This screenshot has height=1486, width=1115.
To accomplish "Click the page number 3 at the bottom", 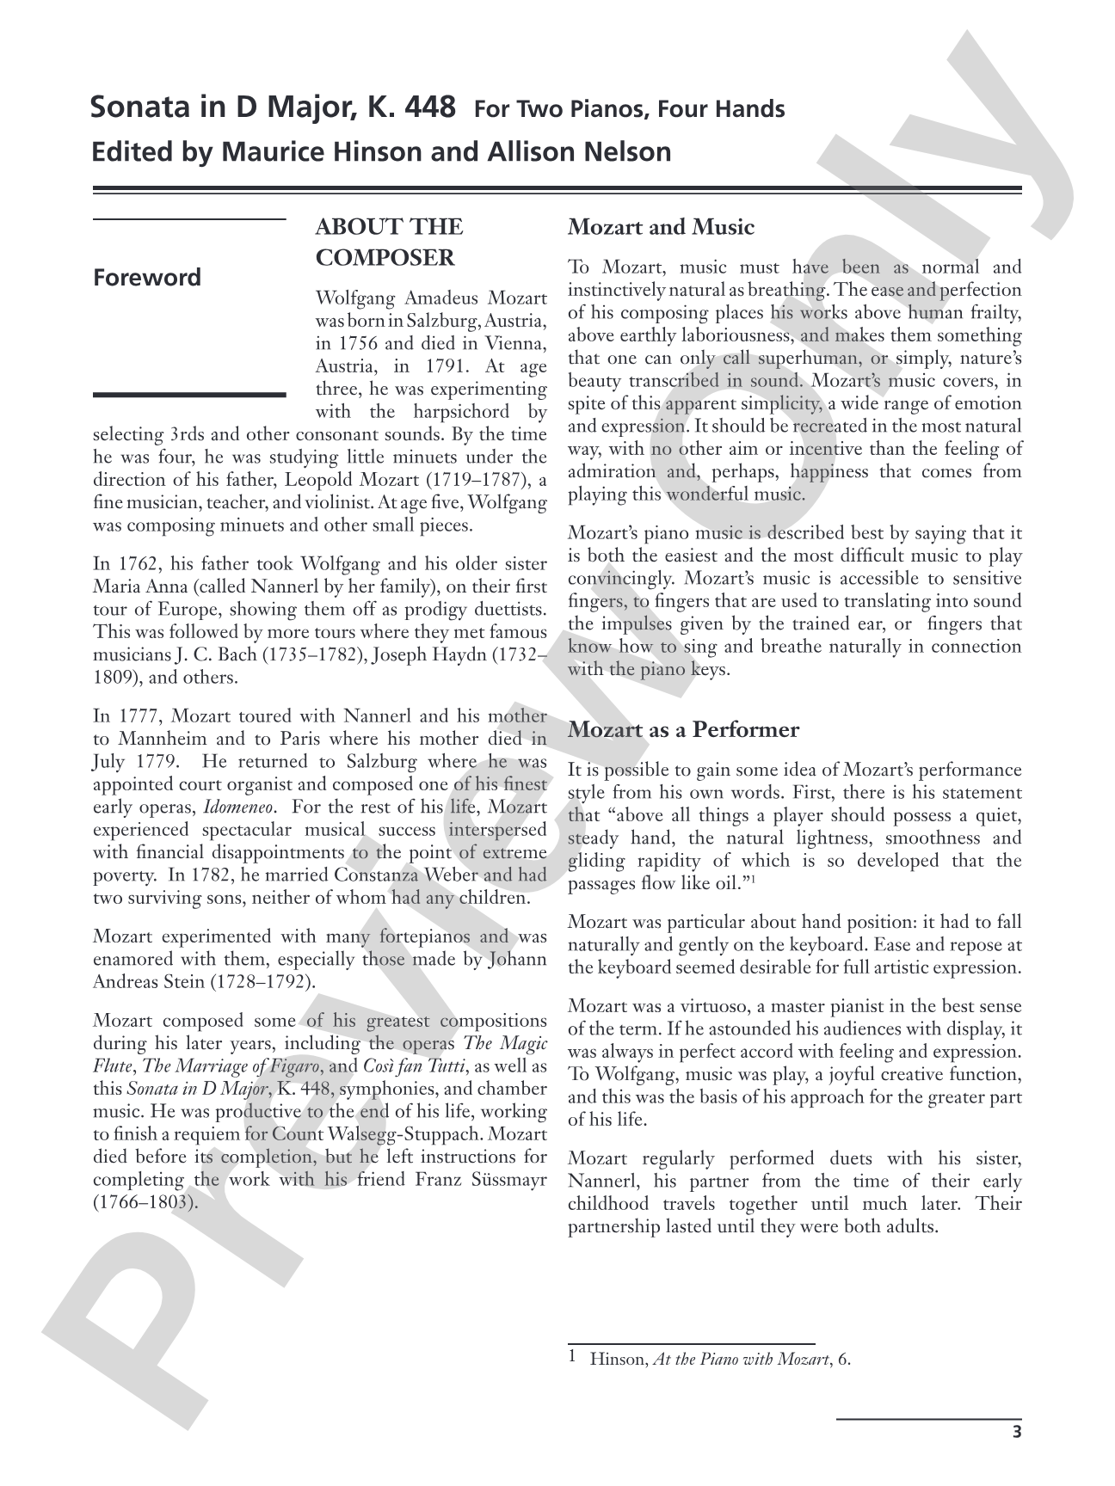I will [1017, 1432].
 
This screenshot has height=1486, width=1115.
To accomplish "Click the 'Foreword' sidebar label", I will [147, 278].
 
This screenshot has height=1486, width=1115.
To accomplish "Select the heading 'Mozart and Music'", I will [661, 228].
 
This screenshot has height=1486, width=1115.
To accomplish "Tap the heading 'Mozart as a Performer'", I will [683, 730].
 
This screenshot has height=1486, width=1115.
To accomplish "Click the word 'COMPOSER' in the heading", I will [385, 258].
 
